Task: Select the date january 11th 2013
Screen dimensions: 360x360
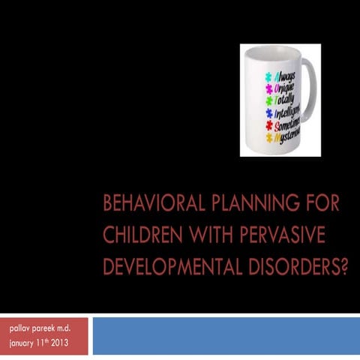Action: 39,344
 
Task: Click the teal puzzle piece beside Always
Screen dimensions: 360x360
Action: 268,77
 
